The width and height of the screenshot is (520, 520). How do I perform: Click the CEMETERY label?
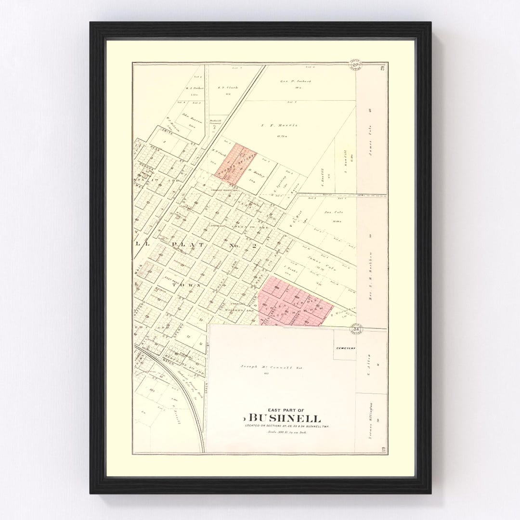point(345,347)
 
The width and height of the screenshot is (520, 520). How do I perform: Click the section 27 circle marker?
point(356,66)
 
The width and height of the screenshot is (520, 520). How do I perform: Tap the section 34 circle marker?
point(356,329)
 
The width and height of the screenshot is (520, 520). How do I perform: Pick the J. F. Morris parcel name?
point(279,125)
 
